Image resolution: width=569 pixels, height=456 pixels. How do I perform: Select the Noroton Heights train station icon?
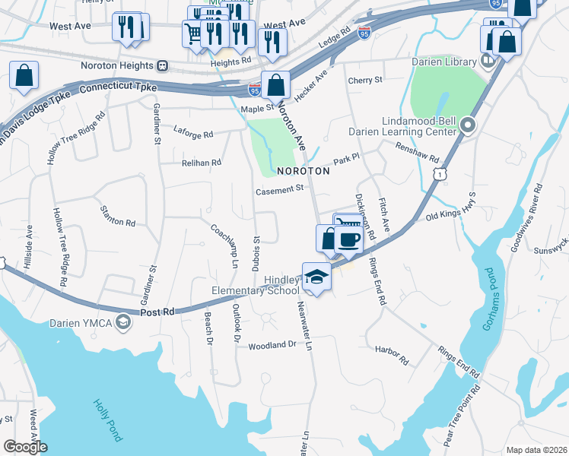(163, 65)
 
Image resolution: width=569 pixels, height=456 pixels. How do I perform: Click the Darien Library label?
(443, 61)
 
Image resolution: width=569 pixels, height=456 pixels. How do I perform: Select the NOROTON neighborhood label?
(303, 172)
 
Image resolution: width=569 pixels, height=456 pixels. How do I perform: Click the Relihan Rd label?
(201, 163)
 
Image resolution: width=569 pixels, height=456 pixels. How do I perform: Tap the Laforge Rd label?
(193, 135)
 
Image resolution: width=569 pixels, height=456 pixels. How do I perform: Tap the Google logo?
(25, 447)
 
